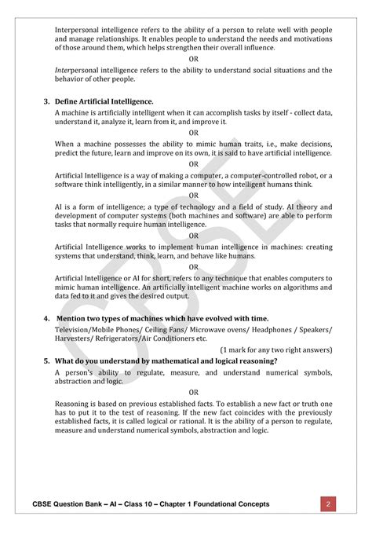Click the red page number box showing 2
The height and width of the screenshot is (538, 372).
tap(330, 503)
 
